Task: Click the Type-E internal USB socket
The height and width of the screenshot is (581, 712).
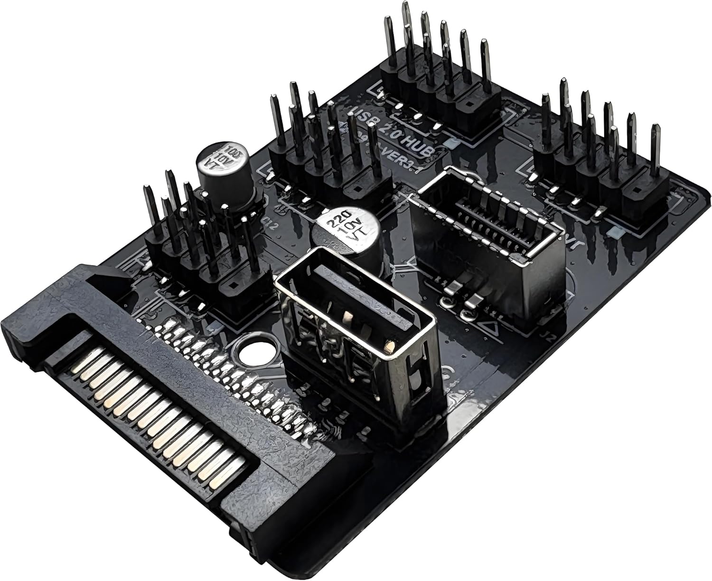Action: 489,223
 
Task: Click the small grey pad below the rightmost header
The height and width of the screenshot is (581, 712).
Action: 614,232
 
